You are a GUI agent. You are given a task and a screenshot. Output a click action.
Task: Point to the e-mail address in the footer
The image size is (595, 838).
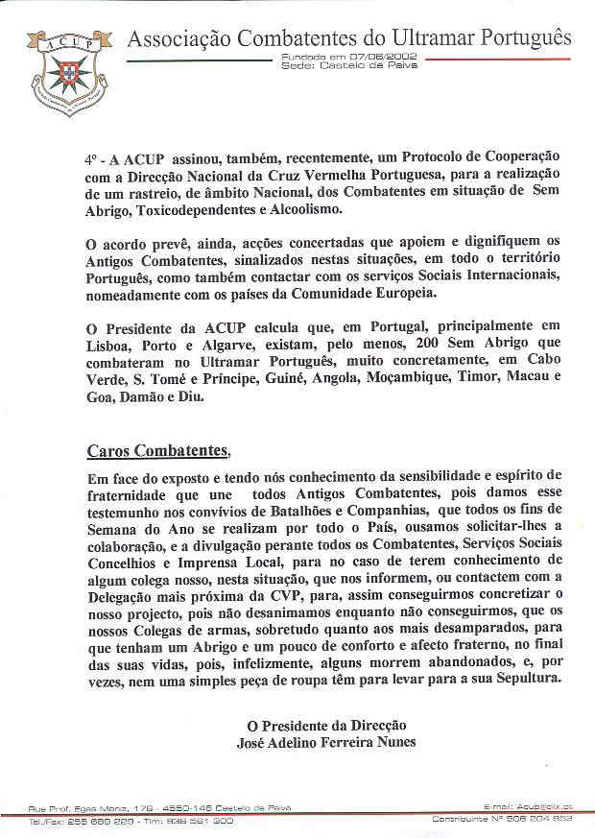coord(528,806)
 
